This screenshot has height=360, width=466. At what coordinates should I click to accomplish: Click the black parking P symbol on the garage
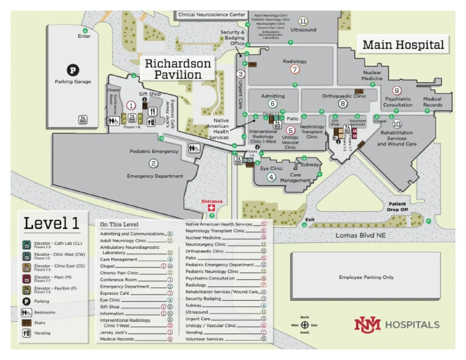click(x=73, y=70)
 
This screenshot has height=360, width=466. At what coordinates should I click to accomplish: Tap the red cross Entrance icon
click(x=211, y=208)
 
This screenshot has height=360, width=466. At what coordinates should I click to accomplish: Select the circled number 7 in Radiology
click(x=295, y=70)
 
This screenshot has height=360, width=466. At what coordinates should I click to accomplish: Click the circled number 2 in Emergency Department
click(x=154, y=163)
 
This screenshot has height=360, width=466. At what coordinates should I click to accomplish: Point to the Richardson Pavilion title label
click(x=178, y=69)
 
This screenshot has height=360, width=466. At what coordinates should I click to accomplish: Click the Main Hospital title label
click(x=403, y=45)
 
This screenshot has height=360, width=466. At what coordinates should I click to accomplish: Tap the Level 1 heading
click(x=51, y=223)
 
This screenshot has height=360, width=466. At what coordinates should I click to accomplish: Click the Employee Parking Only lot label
click(x=366, y=277)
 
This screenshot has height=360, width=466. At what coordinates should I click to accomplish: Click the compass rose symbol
click(x=305, y=325)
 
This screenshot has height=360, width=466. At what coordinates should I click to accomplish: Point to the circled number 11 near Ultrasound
click(x=303, y=21)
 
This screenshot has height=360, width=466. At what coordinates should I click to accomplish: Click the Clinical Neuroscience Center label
click(x=212, y=15)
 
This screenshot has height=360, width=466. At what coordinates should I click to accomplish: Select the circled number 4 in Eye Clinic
click(x=271, y=177)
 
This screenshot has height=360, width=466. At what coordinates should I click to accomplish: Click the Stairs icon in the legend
click(x=27, y=323)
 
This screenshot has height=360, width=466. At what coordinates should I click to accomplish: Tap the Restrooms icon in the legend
click(x=27, y=313)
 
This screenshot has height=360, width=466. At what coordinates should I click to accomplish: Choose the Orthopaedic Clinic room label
click(x=344, y=96)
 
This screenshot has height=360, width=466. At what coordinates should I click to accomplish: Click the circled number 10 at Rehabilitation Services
click(x=397, y=123)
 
